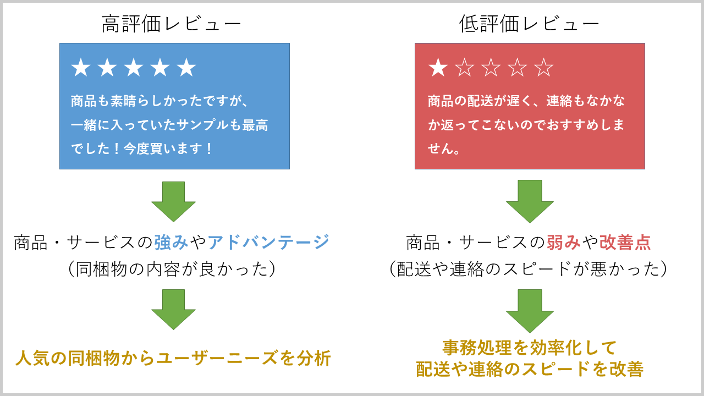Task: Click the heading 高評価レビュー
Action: pyautogui.click(x=172, y=24)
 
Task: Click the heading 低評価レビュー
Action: pyautogui.click(x=529, y=24)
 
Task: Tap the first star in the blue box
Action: pyautogui.click(x=81, y=68)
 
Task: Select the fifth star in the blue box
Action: pyautogui.click(x=186, y=68)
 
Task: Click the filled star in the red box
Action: pyautogui.click(x=438, y=68)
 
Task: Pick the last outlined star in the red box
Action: pyautogui.click(x=543, y=68)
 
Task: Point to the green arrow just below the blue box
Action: pyautogui.click(x=173, y=201)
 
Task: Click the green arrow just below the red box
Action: pyautogui.click(x=530, y=201)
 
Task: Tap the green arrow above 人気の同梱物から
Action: pyautogui.click(x=173, y=309)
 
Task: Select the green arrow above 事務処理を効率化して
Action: pyautogui.click(x=530, y=310)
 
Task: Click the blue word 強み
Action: pyautogui.click(x=171, y=242)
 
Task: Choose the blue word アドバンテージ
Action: pyautogui.click(x=268, y=242)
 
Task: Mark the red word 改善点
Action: pyautogui.click(x=625, y=242)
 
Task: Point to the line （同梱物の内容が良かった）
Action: pyautogui.click(x=172, y=269)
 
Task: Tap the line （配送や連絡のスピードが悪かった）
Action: pyautogui.click(x=529, y=269)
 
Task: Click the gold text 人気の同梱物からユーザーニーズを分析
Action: pyautogui.click(x=173, y=359)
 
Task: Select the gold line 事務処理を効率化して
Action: pyautogui.click(x=530, y=348)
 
